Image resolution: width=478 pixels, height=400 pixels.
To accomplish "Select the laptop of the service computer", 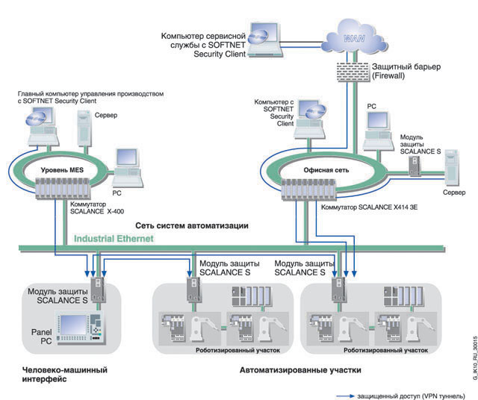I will (267, 41).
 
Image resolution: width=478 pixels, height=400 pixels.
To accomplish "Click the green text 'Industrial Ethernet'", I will (114, 239).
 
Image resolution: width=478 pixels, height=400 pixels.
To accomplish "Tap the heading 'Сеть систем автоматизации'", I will (192, 225).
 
